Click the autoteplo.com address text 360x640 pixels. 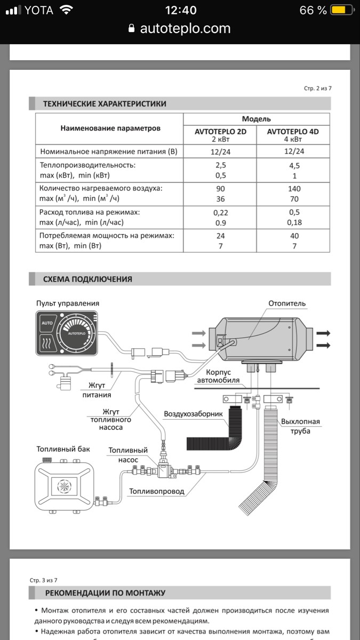(x=185, y=28)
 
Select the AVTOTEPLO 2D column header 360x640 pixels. (x=220, y=132)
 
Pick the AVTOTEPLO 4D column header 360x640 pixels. (x=293, y=132)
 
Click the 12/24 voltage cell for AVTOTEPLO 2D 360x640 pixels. (x=220, y=151)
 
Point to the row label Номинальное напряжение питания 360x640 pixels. (x=108, y=151)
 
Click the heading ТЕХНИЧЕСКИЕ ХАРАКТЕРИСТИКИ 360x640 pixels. (x=105, y=103)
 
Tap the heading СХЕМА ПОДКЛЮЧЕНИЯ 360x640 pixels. (x=87, y=279)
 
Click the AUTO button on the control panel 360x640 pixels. (x=46, y=323)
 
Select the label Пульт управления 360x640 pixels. (x=67, y=303)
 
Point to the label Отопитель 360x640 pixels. (x=287, y=303)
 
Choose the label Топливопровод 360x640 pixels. (x=156, y=491)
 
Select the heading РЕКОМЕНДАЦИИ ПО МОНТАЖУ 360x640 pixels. (x=105, y=593)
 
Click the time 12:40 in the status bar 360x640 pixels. (x=180, y=10)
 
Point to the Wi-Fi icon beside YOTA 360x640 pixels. (x=66, y=10)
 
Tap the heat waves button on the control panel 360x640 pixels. (x=46, y=343)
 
